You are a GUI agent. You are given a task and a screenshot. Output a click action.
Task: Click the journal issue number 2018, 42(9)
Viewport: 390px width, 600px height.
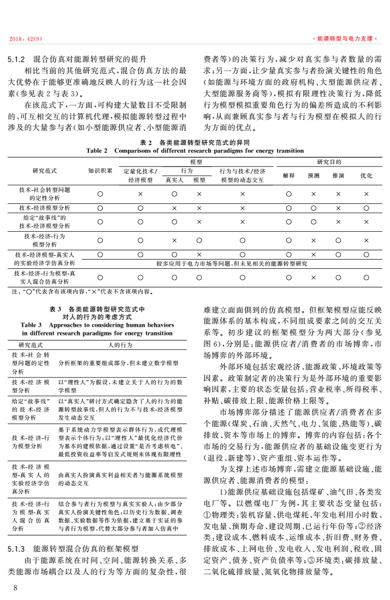click(27, 39)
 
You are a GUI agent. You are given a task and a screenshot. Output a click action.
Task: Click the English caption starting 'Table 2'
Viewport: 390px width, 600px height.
click(195, 150)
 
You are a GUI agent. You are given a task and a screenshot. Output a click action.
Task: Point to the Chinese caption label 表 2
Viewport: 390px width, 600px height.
click(145, 142)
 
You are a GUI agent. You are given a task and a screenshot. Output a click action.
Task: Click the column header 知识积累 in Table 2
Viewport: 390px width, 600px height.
click(99, 170)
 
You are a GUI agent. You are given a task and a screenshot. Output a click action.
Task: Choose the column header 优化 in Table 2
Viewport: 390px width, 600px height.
click(367, 175)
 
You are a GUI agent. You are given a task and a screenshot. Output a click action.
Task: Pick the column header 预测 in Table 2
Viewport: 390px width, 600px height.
click(314, 175)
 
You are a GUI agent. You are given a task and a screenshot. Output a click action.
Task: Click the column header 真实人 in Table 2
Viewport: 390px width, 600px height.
click(174, 179)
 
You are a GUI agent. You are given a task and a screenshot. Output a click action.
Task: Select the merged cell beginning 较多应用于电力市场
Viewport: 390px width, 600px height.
click(232, 263)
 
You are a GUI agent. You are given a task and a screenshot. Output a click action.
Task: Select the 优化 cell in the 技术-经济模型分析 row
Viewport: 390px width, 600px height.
click(367, 208)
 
